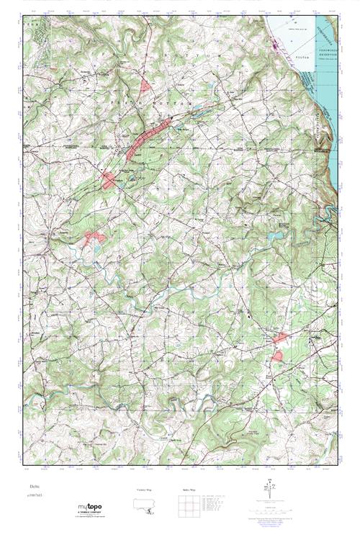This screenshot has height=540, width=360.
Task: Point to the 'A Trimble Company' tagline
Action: (x=91, y=516)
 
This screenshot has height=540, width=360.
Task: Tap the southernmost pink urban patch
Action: (x=277, y=356)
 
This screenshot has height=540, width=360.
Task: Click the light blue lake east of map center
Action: (x=274, y=235)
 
